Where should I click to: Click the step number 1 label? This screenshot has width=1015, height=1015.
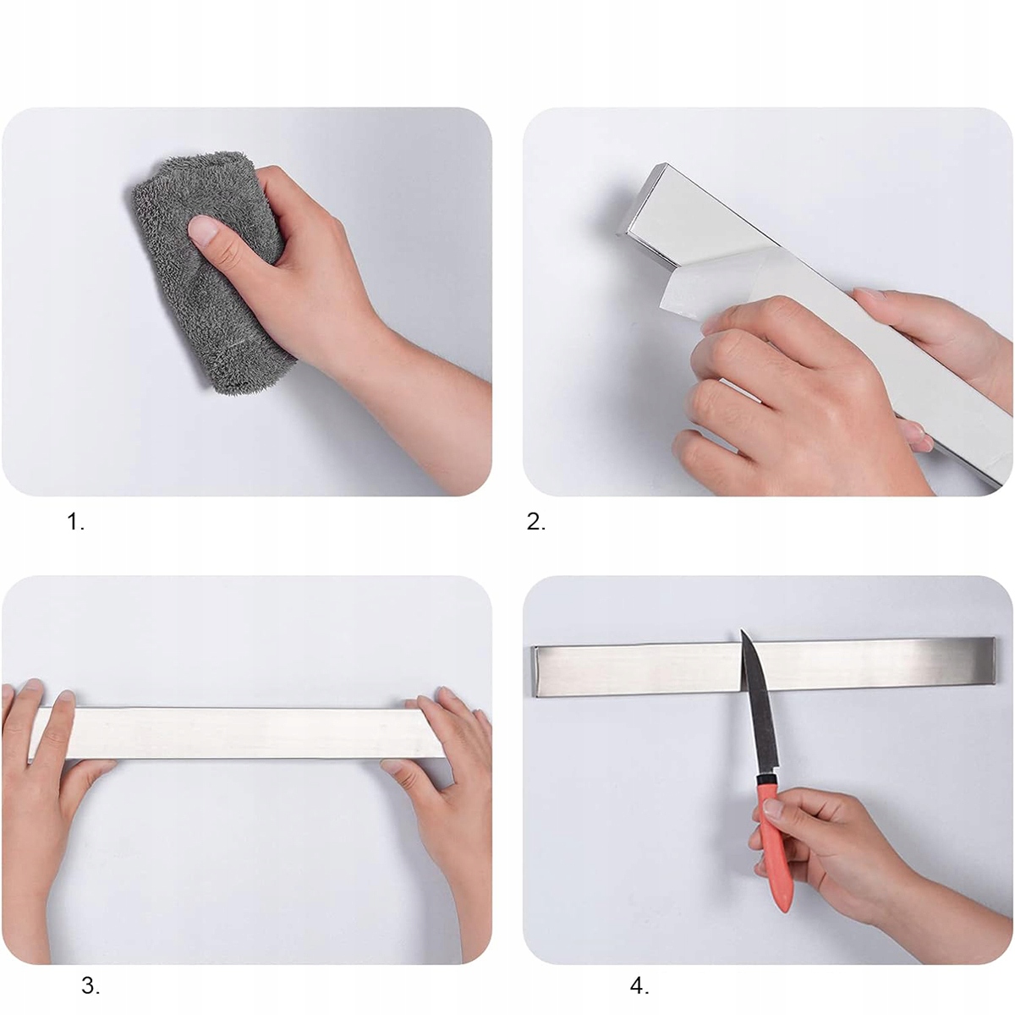pyautogui.click(x=76, y=523)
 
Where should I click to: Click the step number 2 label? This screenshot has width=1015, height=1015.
pyautogui.click(x=536, y=523)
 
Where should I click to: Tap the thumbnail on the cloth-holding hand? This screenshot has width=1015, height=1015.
pyautogui.click(x=203, y=230)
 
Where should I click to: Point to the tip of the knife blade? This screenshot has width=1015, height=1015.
pyautogui.click(x=742, y=630)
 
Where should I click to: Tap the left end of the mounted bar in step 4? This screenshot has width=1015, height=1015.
pyautogui.click(x=535, y=671)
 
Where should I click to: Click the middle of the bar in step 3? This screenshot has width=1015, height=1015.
pyautogui.click(x=237, y=732)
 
